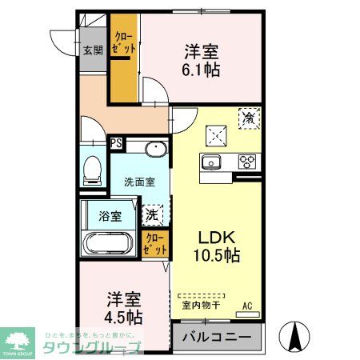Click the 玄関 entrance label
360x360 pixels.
93,50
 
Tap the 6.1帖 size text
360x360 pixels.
201,70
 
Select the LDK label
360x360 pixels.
214,238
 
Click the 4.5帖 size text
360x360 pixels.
123,318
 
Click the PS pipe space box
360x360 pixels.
116,145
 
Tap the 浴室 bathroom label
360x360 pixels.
110,215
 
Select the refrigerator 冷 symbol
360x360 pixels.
249,118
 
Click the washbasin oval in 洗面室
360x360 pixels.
153,149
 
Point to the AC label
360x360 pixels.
249,304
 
